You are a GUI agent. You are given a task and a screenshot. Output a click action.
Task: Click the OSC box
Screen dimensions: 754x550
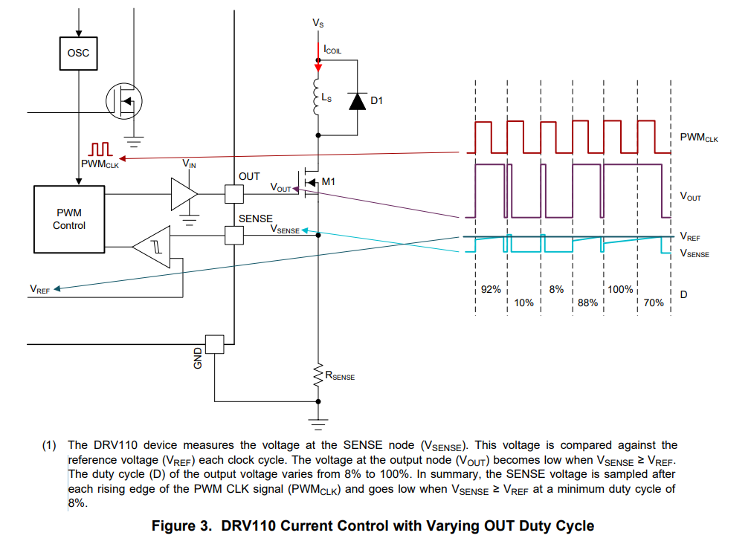78,54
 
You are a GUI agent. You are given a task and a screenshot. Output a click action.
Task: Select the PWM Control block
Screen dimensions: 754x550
69,219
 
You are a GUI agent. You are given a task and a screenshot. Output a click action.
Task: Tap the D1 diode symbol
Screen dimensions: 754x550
357,101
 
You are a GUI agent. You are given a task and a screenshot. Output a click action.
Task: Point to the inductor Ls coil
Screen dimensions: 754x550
317,97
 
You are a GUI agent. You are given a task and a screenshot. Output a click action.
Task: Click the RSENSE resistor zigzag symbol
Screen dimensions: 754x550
318,375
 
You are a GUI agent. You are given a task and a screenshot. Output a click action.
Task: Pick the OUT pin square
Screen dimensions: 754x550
234,194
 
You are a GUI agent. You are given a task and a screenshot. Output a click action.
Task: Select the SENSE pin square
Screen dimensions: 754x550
234,236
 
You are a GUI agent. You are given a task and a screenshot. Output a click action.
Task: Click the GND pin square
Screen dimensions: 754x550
214,344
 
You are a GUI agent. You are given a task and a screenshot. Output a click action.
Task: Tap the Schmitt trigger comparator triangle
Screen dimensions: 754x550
152,247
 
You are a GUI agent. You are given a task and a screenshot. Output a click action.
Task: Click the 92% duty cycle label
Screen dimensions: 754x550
491,289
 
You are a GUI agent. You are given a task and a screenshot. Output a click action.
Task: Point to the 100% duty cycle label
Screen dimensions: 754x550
620,289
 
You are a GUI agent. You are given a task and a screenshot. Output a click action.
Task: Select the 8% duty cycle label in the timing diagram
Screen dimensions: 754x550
556,289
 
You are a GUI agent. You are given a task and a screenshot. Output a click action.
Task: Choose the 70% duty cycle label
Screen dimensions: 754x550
654,303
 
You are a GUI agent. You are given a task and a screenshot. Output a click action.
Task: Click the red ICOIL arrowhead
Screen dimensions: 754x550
318,68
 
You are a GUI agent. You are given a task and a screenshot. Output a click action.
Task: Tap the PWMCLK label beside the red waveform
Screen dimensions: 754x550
699,137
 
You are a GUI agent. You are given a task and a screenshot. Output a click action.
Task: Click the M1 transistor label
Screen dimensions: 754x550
329,182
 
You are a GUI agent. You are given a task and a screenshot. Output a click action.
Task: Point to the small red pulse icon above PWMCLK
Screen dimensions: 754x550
100,149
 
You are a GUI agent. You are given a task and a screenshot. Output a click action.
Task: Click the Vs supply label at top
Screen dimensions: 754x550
318,23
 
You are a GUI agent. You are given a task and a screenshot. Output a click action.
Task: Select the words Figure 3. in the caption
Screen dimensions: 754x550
181,526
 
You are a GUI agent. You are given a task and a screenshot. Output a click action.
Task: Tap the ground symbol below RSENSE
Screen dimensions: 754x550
318,423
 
